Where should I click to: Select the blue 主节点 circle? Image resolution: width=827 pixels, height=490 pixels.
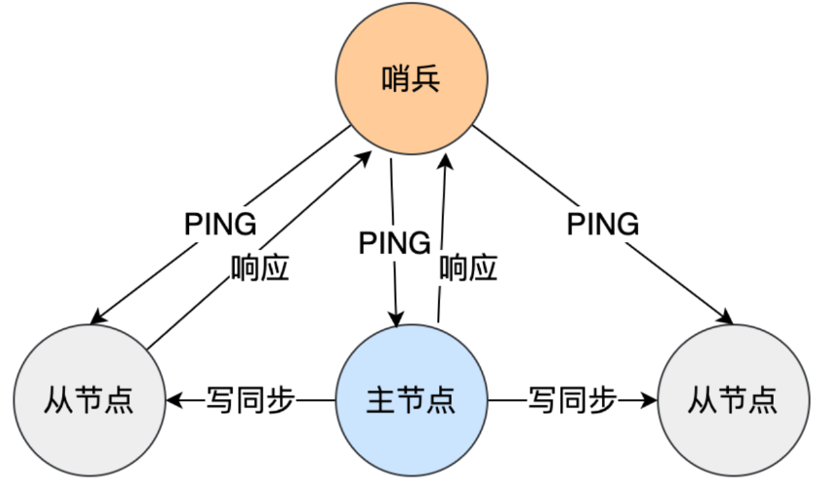[x=411, y=398]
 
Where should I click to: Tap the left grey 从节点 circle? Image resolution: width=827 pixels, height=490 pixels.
[x=88, y=398]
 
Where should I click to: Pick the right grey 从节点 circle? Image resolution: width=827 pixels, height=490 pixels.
[x=733, y=398]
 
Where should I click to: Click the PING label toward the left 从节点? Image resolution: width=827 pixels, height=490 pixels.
[x=220, y=225]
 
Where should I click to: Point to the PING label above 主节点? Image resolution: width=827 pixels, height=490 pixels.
[x=394, y=242]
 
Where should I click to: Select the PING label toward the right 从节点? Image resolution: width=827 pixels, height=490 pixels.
[x=603, y=225]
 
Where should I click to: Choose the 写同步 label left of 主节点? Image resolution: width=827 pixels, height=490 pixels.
[x=250, y=399]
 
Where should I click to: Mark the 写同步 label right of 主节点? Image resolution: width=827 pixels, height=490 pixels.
[x=572, y=399]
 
